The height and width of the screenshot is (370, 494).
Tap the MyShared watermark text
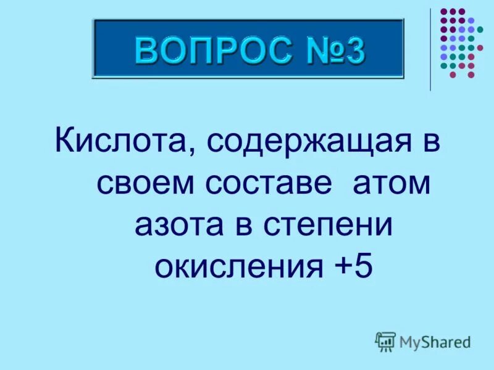tap(435, 341)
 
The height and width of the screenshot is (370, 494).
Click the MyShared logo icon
tap(385, 341)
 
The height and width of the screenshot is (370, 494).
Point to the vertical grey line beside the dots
tap(430, 49)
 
